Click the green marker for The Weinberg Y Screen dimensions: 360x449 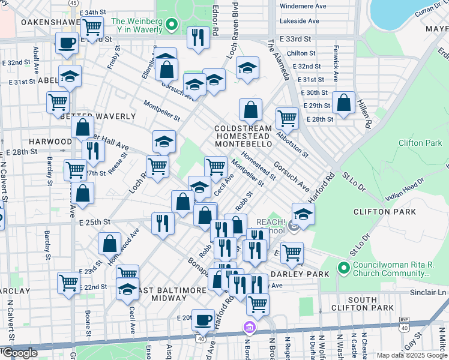pyautogui.click(x=171, y=25)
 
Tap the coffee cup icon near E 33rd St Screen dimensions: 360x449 pyautogui.click(x=67, y=43)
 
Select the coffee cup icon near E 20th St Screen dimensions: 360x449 pyautogui.click(x=203, y=319)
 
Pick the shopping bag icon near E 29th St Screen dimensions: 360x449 pyautogui.click(x=343, y=103)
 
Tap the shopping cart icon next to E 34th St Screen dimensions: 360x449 pyautogui.click(x=92, y=27)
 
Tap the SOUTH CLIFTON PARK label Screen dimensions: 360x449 pyautogui.click(x=370, y=304)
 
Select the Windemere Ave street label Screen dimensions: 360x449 pyautogui.click(x=303, y=6)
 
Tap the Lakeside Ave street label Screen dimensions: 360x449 pyautogui.click(x=299, y=21)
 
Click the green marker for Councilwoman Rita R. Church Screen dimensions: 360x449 pyautogui.click(x=344, y=268)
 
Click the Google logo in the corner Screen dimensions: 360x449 pyautogui.click(x=19, y=353)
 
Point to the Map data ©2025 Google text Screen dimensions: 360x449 pyautogui.click(x=411, y=355)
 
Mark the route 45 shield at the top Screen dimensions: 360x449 pyautogui.click(x=73, y=3)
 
